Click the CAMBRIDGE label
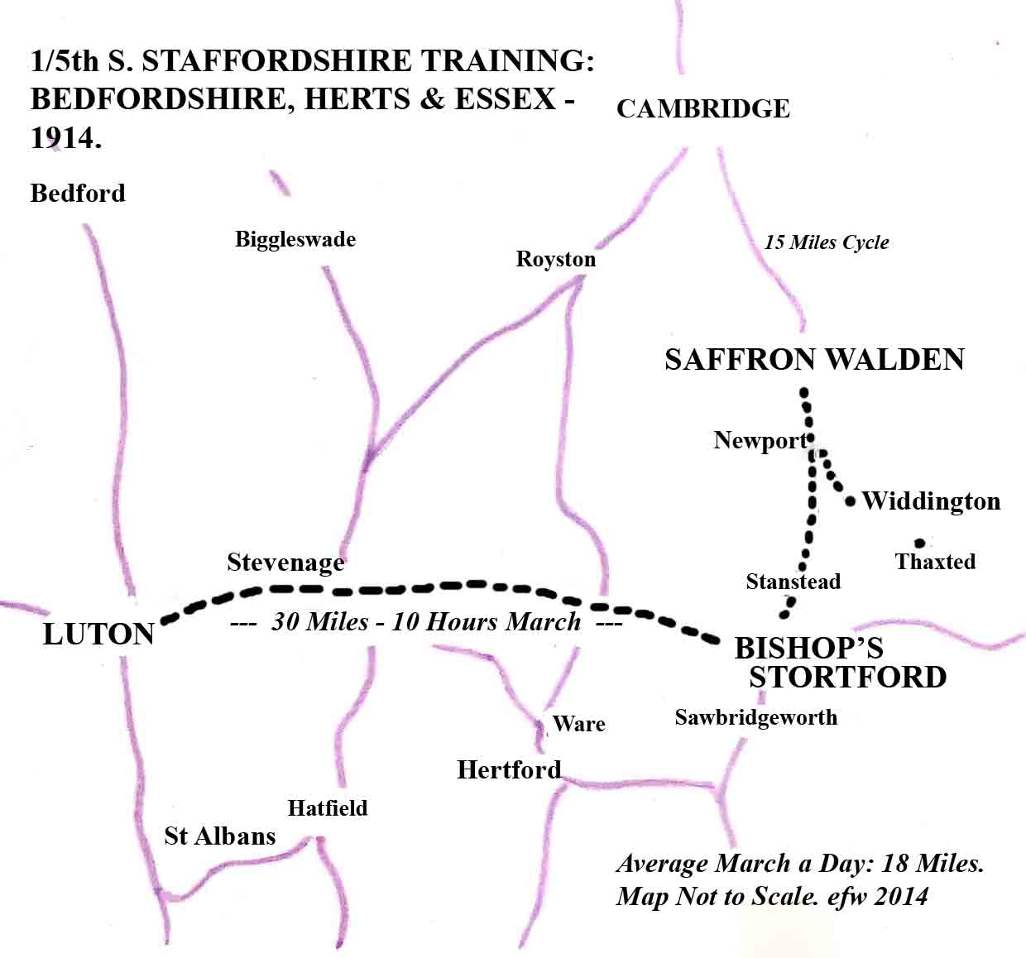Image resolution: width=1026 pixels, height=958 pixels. [x=702, y=108]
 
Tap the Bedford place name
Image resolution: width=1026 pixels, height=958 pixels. [x=78, y=194]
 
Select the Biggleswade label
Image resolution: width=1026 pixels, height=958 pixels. [x=295, y=240]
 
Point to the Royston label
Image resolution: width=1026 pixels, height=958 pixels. [x=555, y=260]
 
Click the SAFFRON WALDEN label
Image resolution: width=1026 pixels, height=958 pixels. [x=814, y=360]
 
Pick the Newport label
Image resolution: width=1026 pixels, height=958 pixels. [x=759, y=440]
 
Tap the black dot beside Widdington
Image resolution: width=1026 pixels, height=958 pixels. [x=851, y=501]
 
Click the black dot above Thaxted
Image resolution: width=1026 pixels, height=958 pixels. [x=918, y=543]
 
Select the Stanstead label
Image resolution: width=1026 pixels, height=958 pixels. [x=793, y=582]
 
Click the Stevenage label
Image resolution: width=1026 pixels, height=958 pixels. [x=285, y=563]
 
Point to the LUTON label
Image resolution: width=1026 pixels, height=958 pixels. [x=98, y=635]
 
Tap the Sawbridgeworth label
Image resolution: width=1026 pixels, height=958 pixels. [x=755, y=717]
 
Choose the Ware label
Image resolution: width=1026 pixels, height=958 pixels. [x=578, y=724]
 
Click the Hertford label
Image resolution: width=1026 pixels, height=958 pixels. [x=509, y=770]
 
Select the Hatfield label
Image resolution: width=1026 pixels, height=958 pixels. [x=328, y=808]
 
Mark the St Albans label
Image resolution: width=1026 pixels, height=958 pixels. [x=219, y=836]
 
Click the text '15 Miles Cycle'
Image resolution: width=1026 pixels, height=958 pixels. [x=826, y=242]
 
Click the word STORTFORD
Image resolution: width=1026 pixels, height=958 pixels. [x=847, y=677]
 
